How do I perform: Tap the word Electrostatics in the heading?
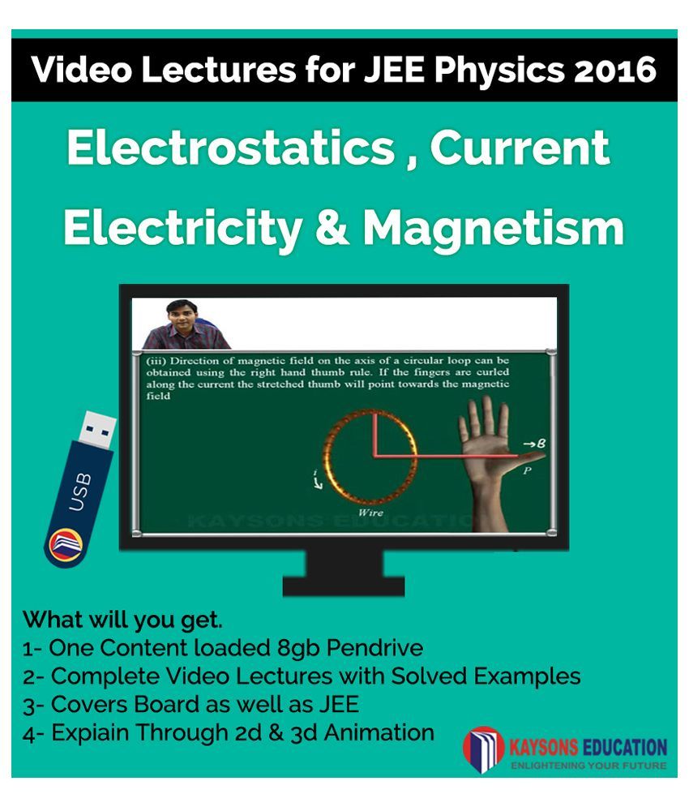(x=231, y=148)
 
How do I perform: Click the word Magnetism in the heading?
(x=494, y=228)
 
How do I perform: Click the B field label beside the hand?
(x=535, y=443)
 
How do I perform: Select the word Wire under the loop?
(x=370, y=513)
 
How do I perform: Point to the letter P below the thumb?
(x=527, y=470)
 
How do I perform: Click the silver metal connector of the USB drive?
(x=97, y=429)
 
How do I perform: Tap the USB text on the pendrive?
(x=80, y=491)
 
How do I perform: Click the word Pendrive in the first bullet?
(x=375, y=648)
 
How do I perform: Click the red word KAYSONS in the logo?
(x=546, y=747)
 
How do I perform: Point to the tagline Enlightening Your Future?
(x=588, y=766)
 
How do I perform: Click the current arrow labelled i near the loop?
(x=318, y=479)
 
